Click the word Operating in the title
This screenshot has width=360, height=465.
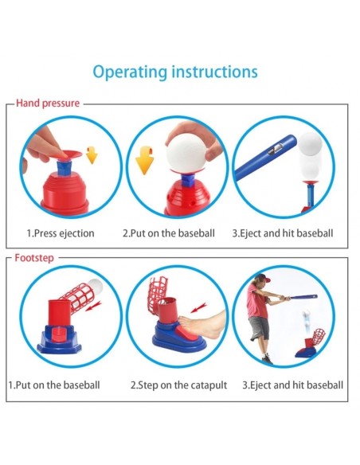130,72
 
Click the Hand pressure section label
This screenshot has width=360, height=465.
48,104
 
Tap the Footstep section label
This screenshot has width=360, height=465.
34,258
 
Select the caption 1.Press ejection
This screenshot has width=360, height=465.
61,233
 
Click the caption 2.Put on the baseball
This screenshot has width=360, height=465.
169,233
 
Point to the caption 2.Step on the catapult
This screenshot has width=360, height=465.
179,385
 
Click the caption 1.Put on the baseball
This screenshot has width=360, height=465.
54,385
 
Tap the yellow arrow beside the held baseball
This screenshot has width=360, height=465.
144,160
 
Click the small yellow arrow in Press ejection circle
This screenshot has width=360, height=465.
92,154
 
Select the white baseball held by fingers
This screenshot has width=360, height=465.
186,152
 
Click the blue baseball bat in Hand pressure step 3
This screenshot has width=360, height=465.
264,158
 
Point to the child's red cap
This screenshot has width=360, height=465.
263,278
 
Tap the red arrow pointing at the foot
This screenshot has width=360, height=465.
198,308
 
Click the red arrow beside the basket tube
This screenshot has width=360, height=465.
93,306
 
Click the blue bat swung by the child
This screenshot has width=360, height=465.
303,296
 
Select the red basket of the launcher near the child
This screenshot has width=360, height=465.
319,336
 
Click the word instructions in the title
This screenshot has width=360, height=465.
215,72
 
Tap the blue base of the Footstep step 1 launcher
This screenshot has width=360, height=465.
59,339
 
